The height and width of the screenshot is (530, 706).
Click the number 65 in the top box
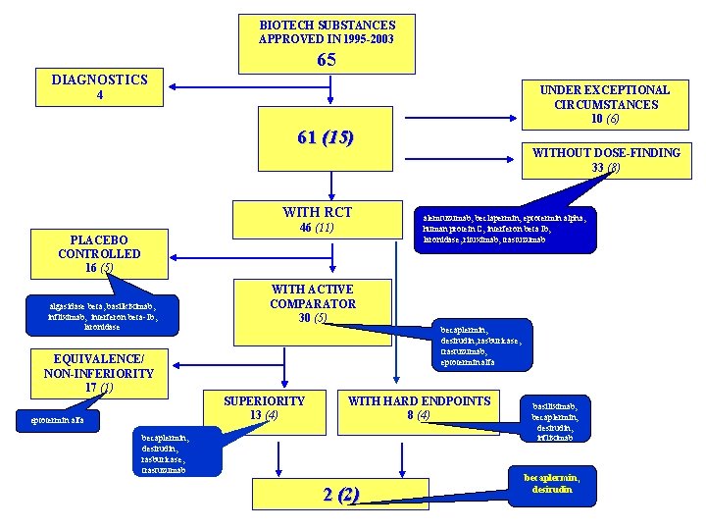[327, 59]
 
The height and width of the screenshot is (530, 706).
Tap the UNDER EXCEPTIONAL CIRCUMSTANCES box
[604, 103]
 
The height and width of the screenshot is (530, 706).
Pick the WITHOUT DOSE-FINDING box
[605, 160]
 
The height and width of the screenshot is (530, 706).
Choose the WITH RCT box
[317, 219]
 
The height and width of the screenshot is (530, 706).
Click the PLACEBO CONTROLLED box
[99, 252]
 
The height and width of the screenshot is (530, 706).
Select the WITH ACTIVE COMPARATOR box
[313, 303]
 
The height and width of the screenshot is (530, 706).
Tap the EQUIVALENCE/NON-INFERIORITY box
[99, 372]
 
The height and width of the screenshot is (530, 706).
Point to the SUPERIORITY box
[264, 407]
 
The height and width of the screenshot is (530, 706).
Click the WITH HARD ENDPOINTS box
[419, 407]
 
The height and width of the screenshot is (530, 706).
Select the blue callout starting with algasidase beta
[100, 314]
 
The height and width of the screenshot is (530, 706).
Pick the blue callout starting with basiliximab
[561, 420]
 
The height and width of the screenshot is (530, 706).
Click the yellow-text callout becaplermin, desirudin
[558, 482]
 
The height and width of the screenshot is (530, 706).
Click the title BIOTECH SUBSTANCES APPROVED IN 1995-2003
[327, 31]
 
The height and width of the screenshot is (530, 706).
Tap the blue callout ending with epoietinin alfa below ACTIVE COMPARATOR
[485, 346]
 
